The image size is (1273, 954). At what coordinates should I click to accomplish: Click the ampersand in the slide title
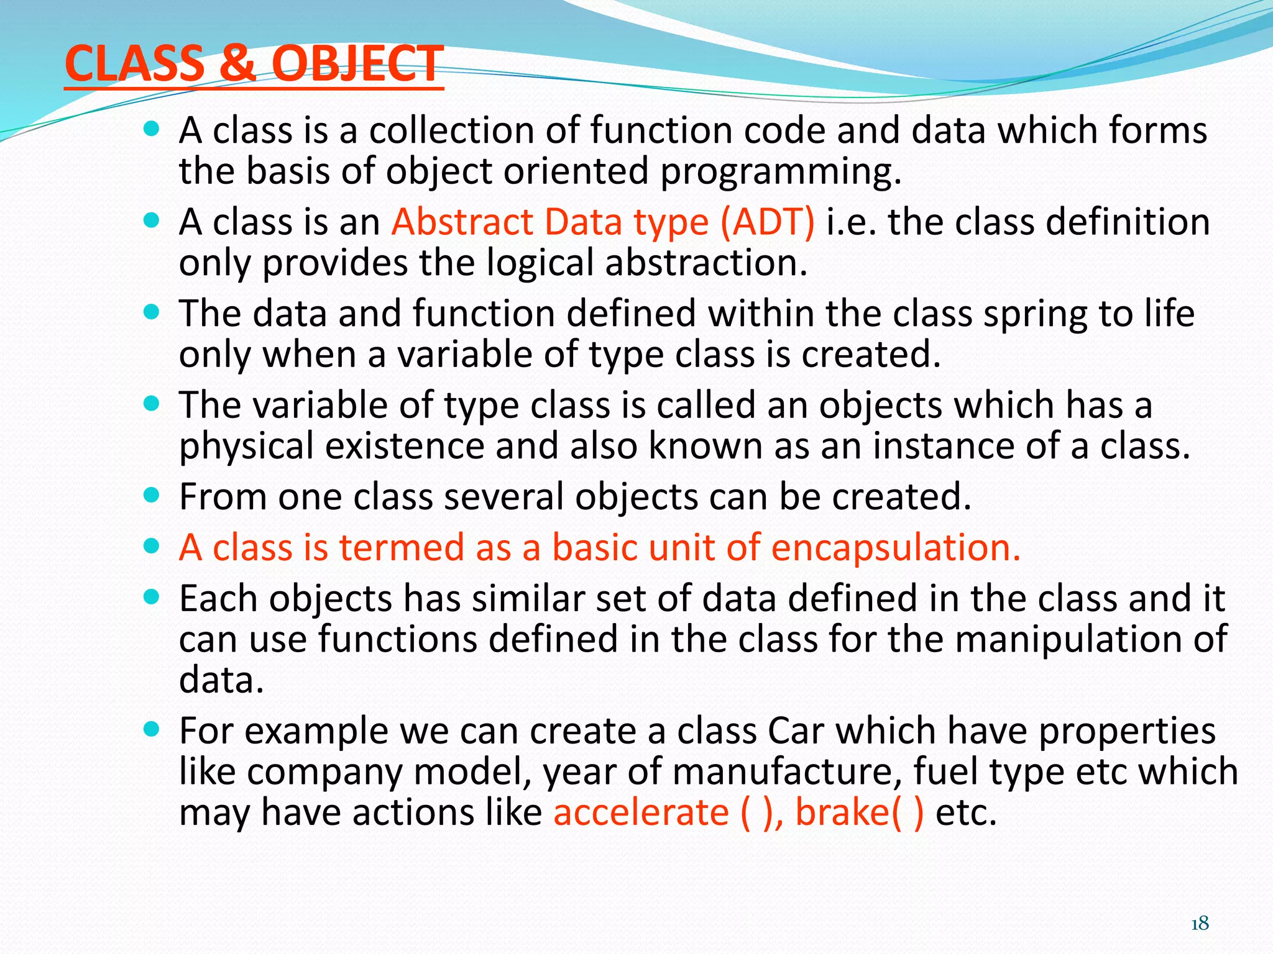click(237, 64)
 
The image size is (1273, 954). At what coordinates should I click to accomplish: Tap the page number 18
click(1200, 924)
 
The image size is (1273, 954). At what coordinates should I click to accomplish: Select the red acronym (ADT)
click(767, 222)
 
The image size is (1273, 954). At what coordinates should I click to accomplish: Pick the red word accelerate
click(641, 812)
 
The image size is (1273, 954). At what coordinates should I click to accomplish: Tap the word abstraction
click(706, 263)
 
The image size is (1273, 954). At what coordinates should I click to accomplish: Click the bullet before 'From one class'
click(151, 496)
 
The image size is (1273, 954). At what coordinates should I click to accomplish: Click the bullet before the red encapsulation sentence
click(151, 547)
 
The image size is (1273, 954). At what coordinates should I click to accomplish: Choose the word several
click(503, 497)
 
